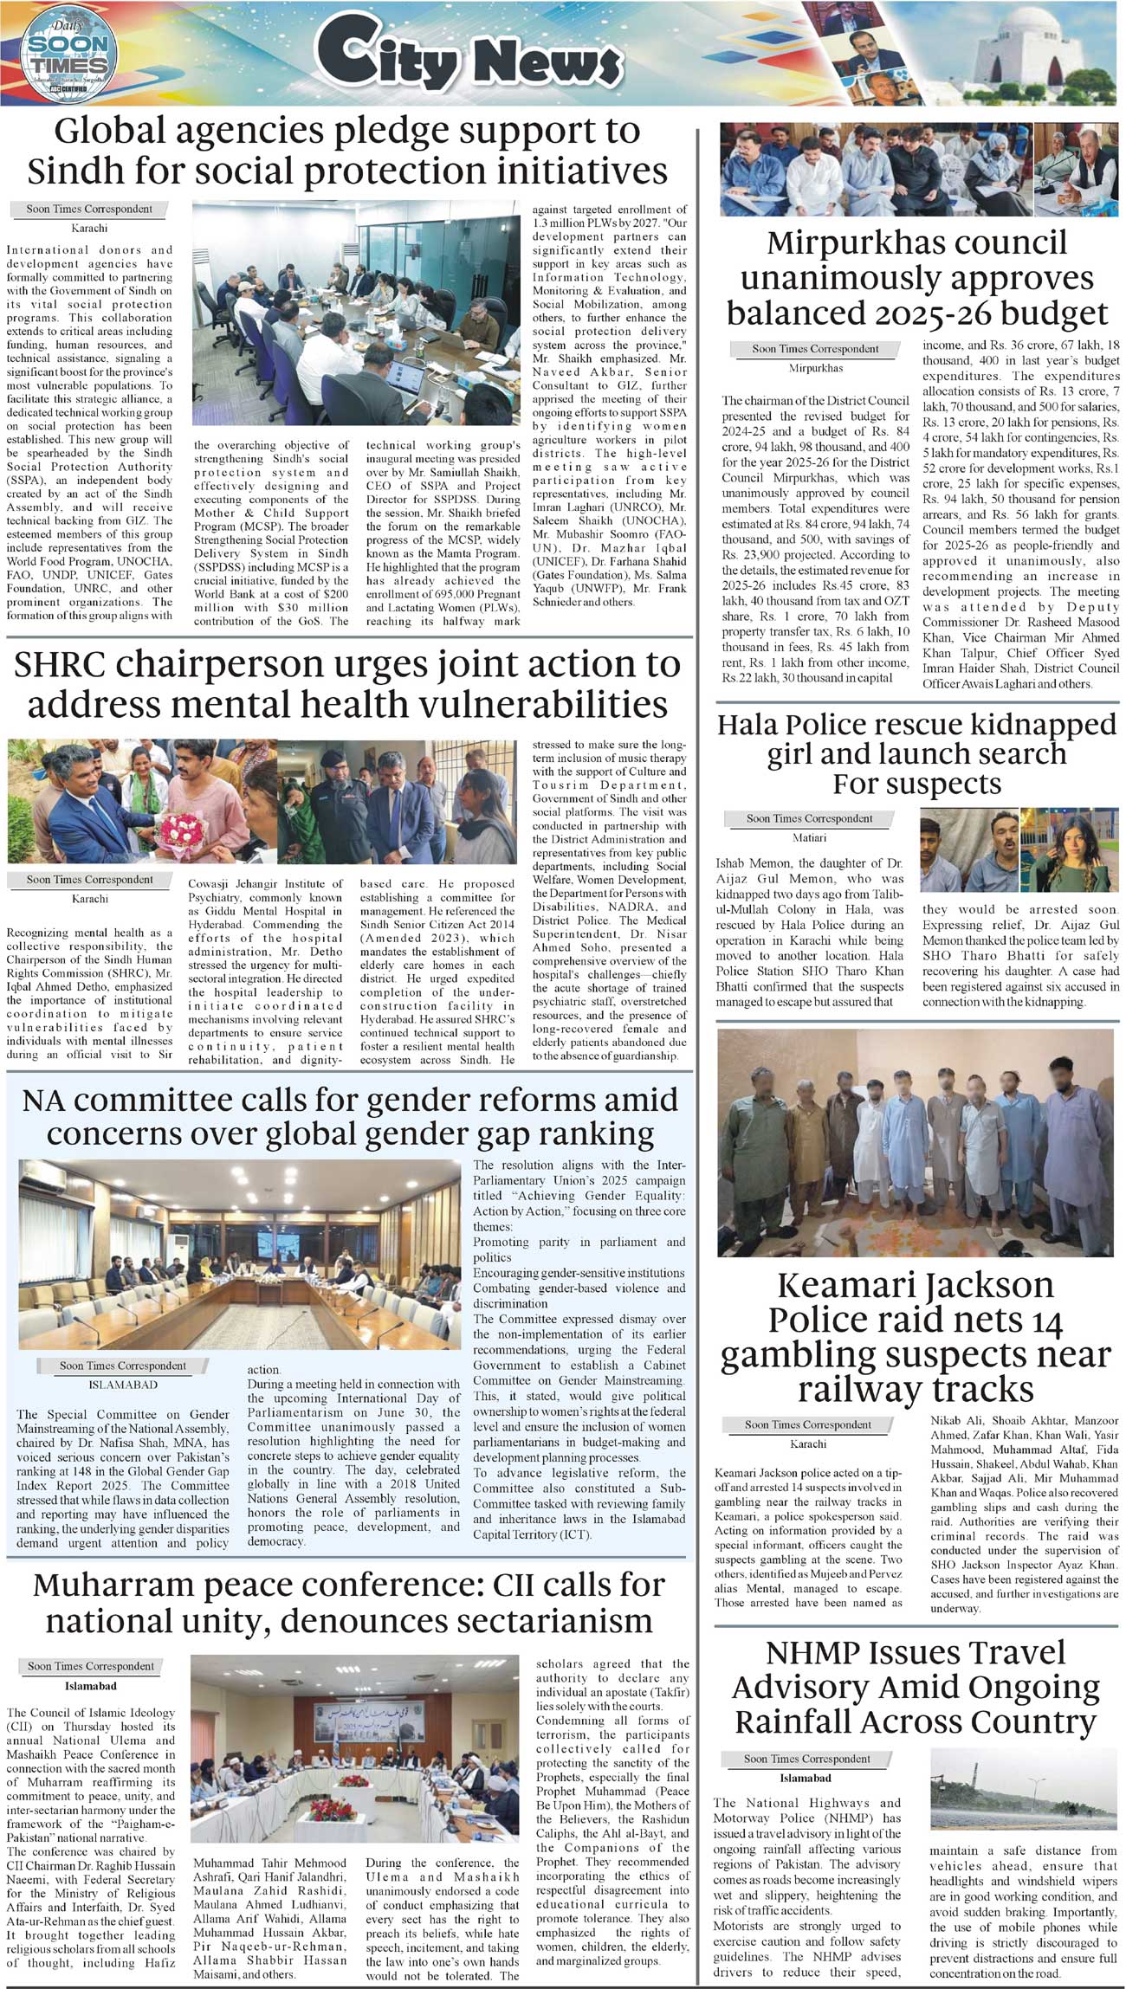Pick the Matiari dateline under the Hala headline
pyautogui.click(x=809, y=838)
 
